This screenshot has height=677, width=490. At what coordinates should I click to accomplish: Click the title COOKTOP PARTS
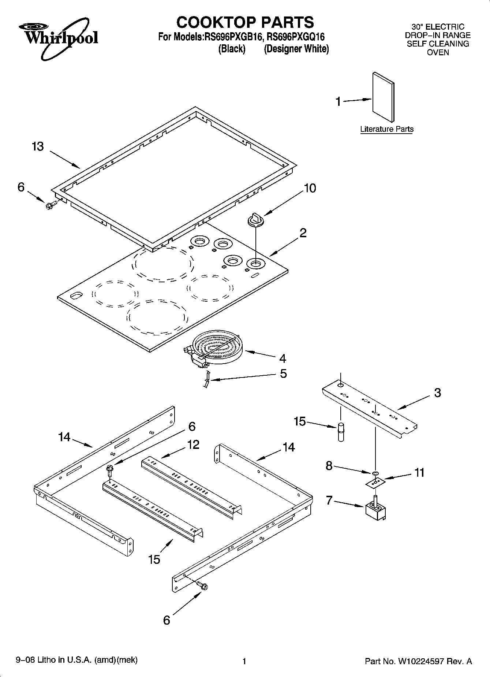pos(245,22)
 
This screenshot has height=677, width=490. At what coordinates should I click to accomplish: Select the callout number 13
pos(38,146)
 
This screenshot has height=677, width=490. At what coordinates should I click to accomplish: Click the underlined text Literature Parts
pos(387,129)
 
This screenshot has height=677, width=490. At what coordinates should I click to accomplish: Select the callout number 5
pos(283,373)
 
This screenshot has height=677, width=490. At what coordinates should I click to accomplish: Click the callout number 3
pos(437,393)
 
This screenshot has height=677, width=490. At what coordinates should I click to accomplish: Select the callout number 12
pos(193,444)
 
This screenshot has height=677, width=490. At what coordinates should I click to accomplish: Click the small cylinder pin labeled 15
pos(341,432)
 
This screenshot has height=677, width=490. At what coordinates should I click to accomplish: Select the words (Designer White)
pos(296,49)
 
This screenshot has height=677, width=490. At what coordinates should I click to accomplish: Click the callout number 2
pos(303,233)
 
